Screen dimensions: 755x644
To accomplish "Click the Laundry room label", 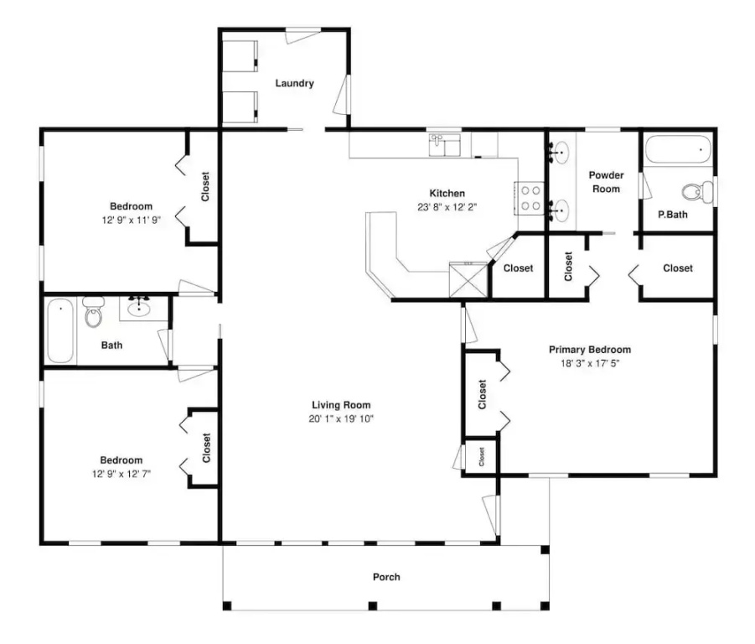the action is [x=294, y=83].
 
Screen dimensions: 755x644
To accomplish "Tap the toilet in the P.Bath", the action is [x=696, y=192].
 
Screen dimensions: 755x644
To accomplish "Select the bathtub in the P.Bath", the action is [x=678, y=150].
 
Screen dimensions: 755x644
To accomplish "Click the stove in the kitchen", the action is [x=530, y=198].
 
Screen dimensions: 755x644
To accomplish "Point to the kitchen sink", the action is [x=444, y=145].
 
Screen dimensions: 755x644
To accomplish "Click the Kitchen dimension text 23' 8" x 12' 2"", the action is [x=447, y=207].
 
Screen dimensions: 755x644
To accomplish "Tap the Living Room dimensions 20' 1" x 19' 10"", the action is [x=341, y=418].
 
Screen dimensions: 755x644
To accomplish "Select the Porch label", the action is [x=386, y=577].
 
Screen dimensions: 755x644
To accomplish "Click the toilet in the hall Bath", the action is [x=93, y=312].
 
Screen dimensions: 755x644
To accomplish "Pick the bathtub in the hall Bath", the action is [x=60, y=331].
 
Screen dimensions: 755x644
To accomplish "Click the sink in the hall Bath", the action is [x=139, y=307].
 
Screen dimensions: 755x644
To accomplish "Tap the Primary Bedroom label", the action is [x=590, y=350].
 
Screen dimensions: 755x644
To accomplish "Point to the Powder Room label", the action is [x=606, y=182].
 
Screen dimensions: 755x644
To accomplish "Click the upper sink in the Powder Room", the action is [x=560, y=153].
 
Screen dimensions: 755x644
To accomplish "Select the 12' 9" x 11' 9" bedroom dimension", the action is [x=131, y=221].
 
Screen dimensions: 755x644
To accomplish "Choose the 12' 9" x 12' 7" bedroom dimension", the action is [x=122, y=474].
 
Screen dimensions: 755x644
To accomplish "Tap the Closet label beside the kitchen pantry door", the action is [x=518, y=268].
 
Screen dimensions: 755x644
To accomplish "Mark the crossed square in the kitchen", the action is [x=468, y=280].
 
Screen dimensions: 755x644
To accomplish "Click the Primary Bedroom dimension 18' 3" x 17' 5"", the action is [x=590, y=363].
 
